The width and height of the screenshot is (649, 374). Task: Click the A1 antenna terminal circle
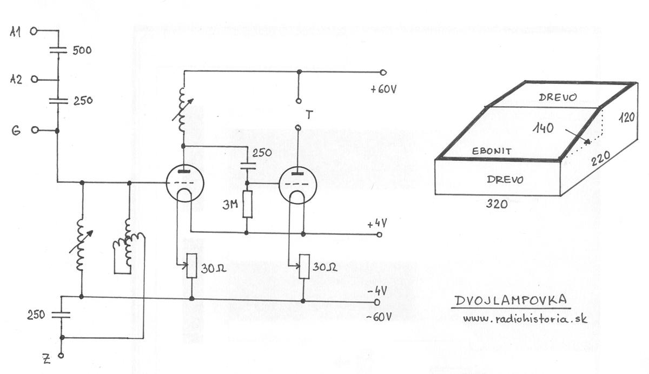click(34, 31)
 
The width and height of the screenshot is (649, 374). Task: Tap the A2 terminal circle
click(35, 79)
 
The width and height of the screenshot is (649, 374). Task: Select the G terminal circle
click(35, 130)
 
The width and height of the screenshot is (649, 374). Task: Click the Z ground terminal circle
click(61, 356)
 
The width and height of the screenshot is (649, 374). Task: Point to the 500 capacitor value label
click(82, 50)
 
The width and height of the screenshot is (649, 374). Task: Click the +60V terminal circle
click(383, 73)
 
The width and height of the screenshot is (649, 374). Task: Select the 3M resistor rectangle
click(247, 204)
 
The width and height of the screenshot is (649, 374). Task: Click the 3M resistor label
click(230, 205)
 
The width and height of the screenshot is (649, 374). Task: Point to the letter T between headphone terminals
click(309, 115)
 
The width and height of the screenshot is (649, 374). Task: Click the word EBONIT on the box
click(492, 151)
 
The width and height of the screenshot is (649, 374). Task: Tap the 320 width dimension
click(496, 205)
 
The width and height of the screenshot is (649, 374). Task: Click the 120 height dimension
click(627, 117)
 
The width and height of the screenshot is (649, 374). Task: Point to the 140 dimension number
click(543, 128)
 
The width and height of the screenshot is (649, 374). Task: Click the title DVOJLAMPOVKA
click(511, 300)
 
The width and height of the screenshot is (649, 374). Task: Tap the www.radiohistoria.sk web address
click(525, 319)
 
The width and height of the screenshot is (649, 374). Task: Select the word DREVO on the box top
click(558, 97)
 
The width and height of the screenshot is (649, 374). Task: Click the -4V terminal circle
click(376, 302)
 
